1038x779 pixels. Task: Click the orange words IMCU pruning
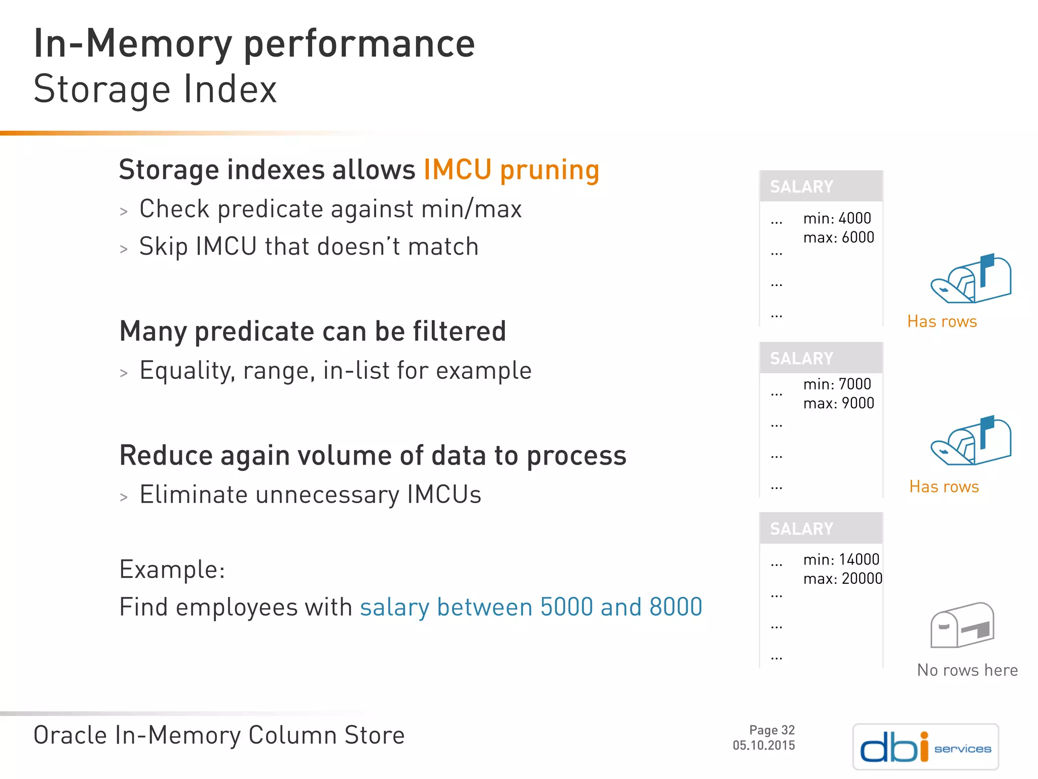pos(511,170)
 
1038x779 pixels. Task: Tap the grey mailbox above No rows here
pos(961,625)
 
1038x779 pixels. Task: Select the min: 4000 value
pos(837,219)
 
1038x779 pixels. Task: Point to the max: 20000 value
pos(842,579)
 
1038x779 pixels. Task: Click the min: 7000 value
pos(837,384)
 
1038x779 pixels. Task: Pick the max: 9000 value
pos(838,403)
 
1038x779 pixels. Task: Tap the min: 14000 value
pos(841,559)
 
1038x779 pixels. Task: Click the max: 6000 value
pos(838,237)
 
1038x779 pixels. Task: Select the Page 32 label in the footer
pos(771,730)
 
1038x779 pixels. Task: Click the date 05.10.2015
pos(763,745)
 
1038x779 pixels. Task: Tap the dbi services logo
pos(925,747)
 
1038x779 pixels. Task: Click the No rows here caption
pos(967,670)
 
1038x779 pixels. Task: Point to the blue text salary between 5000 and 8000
pos(531,607)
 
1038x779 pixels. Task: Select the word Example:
pos(172,570)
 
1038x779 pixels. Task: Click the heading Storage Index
pos(155,89)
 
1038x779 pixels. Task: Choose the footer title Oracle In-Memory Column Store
pos(219,735)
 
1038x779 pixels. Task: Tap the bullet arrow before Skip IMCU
pos(124,249)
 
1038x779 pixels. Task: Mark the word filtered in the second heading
pos(459,332)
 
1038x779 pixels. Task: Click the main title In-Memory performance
pos(254,44)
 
